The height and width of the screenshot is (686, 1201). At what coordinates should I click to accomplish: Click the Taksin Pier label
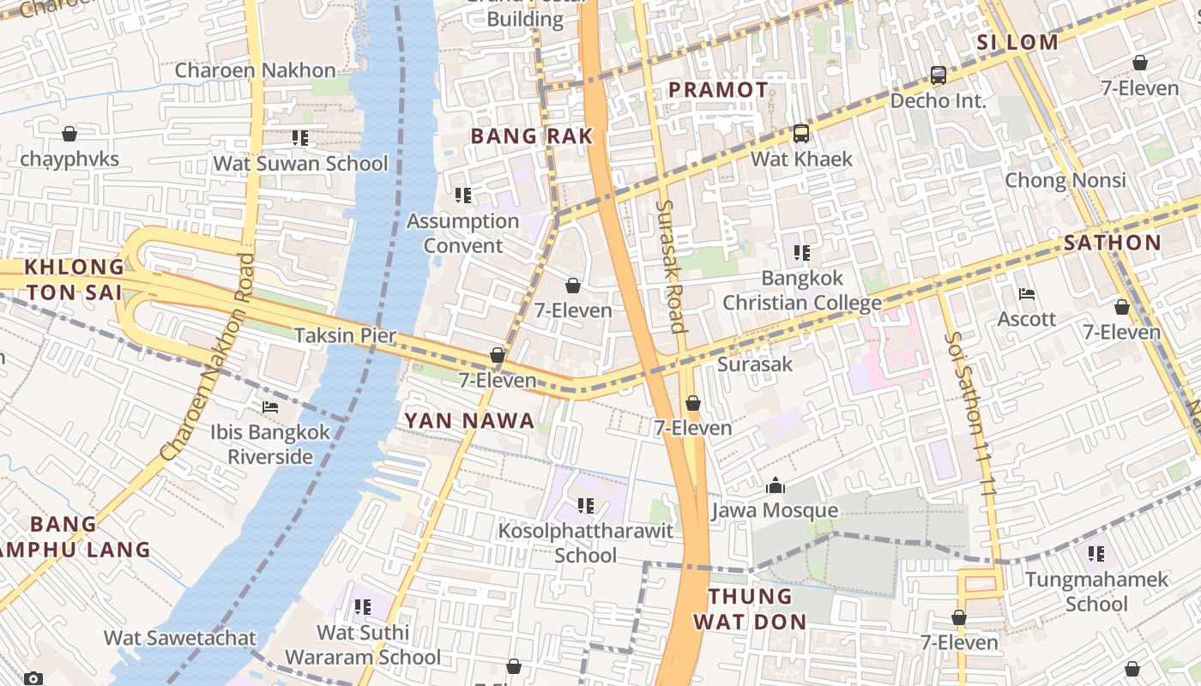345,335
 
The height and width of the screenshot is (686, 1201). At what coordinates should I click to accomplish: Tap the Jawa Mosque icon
776,486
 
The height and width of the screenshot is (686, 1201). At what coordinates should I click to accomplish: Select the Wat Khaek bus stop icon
801,134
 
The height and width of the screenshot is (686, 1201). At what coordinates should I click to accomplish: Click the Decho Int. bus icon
938,75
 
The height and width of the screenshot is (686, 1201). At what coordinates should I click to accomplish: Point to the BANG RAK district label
532,135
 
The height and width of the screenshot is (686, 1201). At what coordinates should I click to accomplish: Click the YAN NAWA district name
469,420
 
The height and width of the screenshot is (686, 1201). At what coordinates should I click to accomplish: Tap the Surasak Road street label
671,266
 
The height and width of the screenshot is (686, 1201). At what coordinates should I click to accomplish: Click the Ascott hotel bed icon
1027,294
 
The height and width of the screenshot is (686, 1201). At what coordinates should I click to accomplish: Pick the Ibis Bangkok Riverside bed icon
270,407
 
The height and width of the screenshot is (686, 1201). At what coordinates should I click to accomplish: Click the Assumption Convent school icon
463,196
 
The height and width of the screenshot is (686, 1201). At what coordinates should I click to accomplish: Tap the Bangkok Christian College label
802,291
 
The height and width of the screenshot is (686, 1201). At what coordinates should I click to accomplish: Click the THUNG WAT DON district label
751,609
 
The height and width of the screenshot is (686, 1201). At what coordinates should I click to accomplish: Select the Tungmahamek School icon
1096,554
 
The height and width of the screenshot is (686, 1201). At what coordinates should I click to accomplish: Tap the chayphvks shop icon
69,134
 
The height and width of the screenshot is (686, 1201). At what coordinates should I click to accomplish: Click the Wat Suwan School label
300,163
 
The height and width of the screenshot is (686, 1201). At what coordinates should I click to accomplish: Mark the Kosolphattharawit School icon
586,506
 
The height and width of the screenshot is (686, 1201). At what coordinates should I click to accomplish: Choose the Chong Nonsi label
1065,180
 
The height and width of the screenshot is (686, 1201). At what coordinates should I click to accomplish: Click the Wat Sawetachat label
180,638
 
